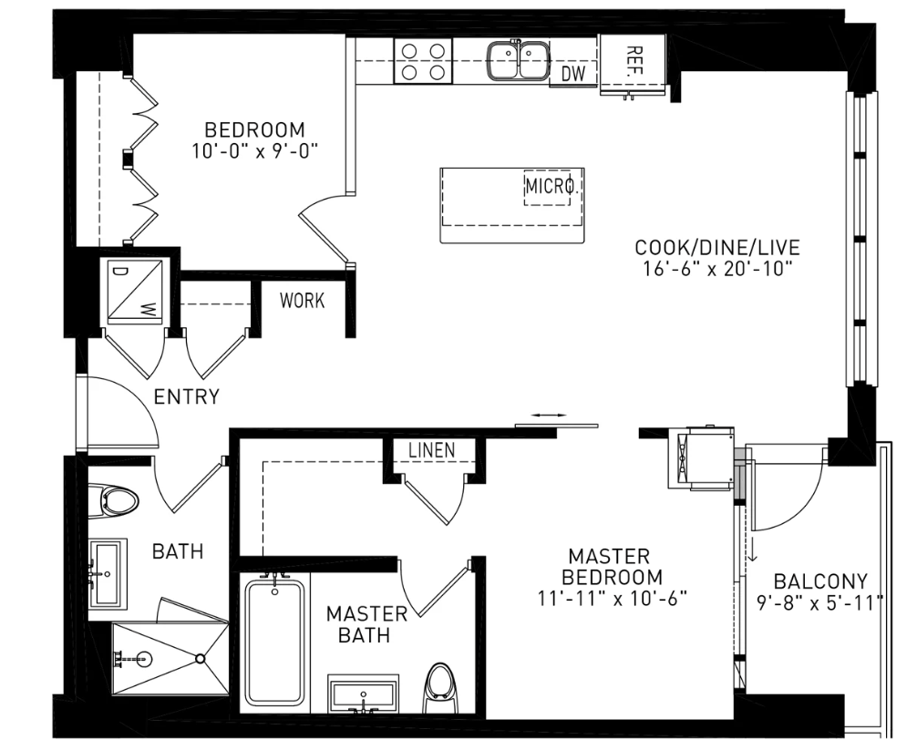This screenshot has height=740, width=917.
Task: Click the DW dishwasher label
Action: tap(573, 74)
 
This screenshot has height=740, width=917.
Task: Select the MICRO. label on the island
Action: tap(552, 187)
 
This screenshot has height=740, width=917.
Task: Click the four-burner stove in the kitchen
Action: tap(423, 61)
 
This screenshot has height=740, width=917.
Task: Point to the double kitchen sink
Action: tap(518, 59)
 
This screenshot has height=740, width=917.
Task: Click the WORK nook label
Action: tap(302, 301)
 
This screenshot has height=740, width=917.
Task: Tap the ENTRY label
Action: tap(186, 397)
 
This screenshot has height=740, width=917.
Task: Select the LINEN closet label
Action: tap(431, 450)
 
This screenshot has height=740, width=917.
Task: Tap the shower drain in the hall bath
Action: tap(200, 659)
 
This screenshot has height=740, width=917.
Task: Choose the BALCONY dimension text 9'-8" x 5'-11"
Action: tap(819, 602)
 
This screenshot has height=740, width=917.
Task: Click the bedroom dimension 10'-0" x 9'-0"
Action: tap(254, 150)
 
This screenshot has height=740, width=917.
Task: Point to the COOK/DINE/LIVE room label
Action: tap(717, 247)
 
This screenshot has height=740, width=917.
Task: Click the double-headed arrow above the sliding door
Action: tap(549, 415)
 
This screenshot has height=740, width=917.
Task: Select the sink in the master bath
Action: tap(363, 694)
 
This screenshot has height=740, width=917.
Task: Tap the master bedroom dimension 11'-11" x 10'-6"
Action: tap(612, 599)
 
